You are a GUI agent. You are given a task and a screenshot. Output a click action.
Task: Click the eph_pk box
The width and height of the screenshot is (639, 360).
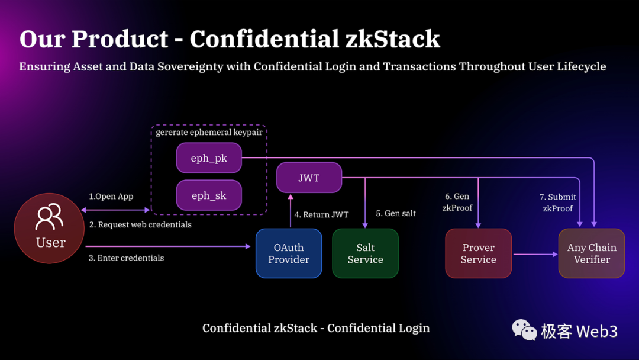209,158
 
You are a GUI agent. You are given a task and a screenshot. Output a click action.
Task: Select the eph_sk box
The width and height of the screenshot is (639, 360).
209,195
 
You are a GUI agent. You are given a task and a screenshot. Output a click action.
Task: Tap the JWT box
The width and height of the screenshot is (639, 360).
309,177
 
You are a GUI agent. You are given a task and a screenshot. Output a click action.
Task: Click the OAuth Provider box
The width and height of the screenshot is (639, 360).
289,253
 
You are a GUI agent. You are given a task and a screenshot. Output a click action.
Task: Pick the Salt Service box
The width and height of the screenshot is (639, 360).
365,253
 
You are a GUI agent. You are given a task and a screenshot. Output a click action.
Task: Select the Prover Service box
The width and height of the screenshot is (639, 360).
478,253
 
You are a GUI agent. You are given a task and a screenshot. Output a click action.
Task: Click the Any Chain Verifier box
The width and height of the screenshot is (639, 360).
592,253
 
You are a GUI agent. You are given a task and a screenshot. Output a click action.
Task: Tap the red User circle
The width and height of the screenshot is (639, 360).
50,229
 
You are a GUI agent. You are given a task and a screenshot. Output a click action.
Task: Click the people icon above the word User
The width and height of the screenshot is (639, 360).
50,217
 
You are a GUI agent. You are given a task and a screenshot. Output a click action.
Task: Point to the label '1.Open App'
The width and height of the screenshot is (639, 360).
111,197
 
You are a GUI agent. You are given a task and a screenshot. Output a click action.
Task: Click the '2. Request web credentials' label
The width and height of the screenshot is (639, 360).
140,225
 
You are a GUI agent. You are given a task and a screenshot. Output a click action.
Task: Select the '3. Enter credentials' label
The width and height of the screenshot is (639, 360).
127,258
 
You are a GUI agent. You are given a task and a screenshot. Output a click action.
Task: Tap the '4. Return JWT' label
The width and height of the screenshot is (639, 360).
322,215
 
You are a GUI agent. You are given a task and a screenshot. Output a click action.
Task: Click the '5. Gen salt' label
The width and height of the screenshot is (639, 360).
396,213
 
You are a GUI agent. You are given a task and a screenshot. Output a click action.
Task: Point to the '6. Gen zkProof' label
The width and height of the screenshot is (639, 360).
457,202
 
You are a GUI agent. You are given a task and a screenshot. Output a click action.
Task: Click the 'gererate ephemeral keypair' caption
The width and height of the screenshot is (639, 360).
209,133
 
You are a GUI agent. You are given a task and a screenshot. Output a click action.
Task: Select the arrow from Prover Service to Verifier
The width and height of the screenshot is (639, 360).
535,254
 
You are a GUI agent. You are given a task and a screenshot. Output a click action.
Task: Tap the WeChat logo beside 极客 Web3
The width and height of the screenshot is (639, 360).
524,330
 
